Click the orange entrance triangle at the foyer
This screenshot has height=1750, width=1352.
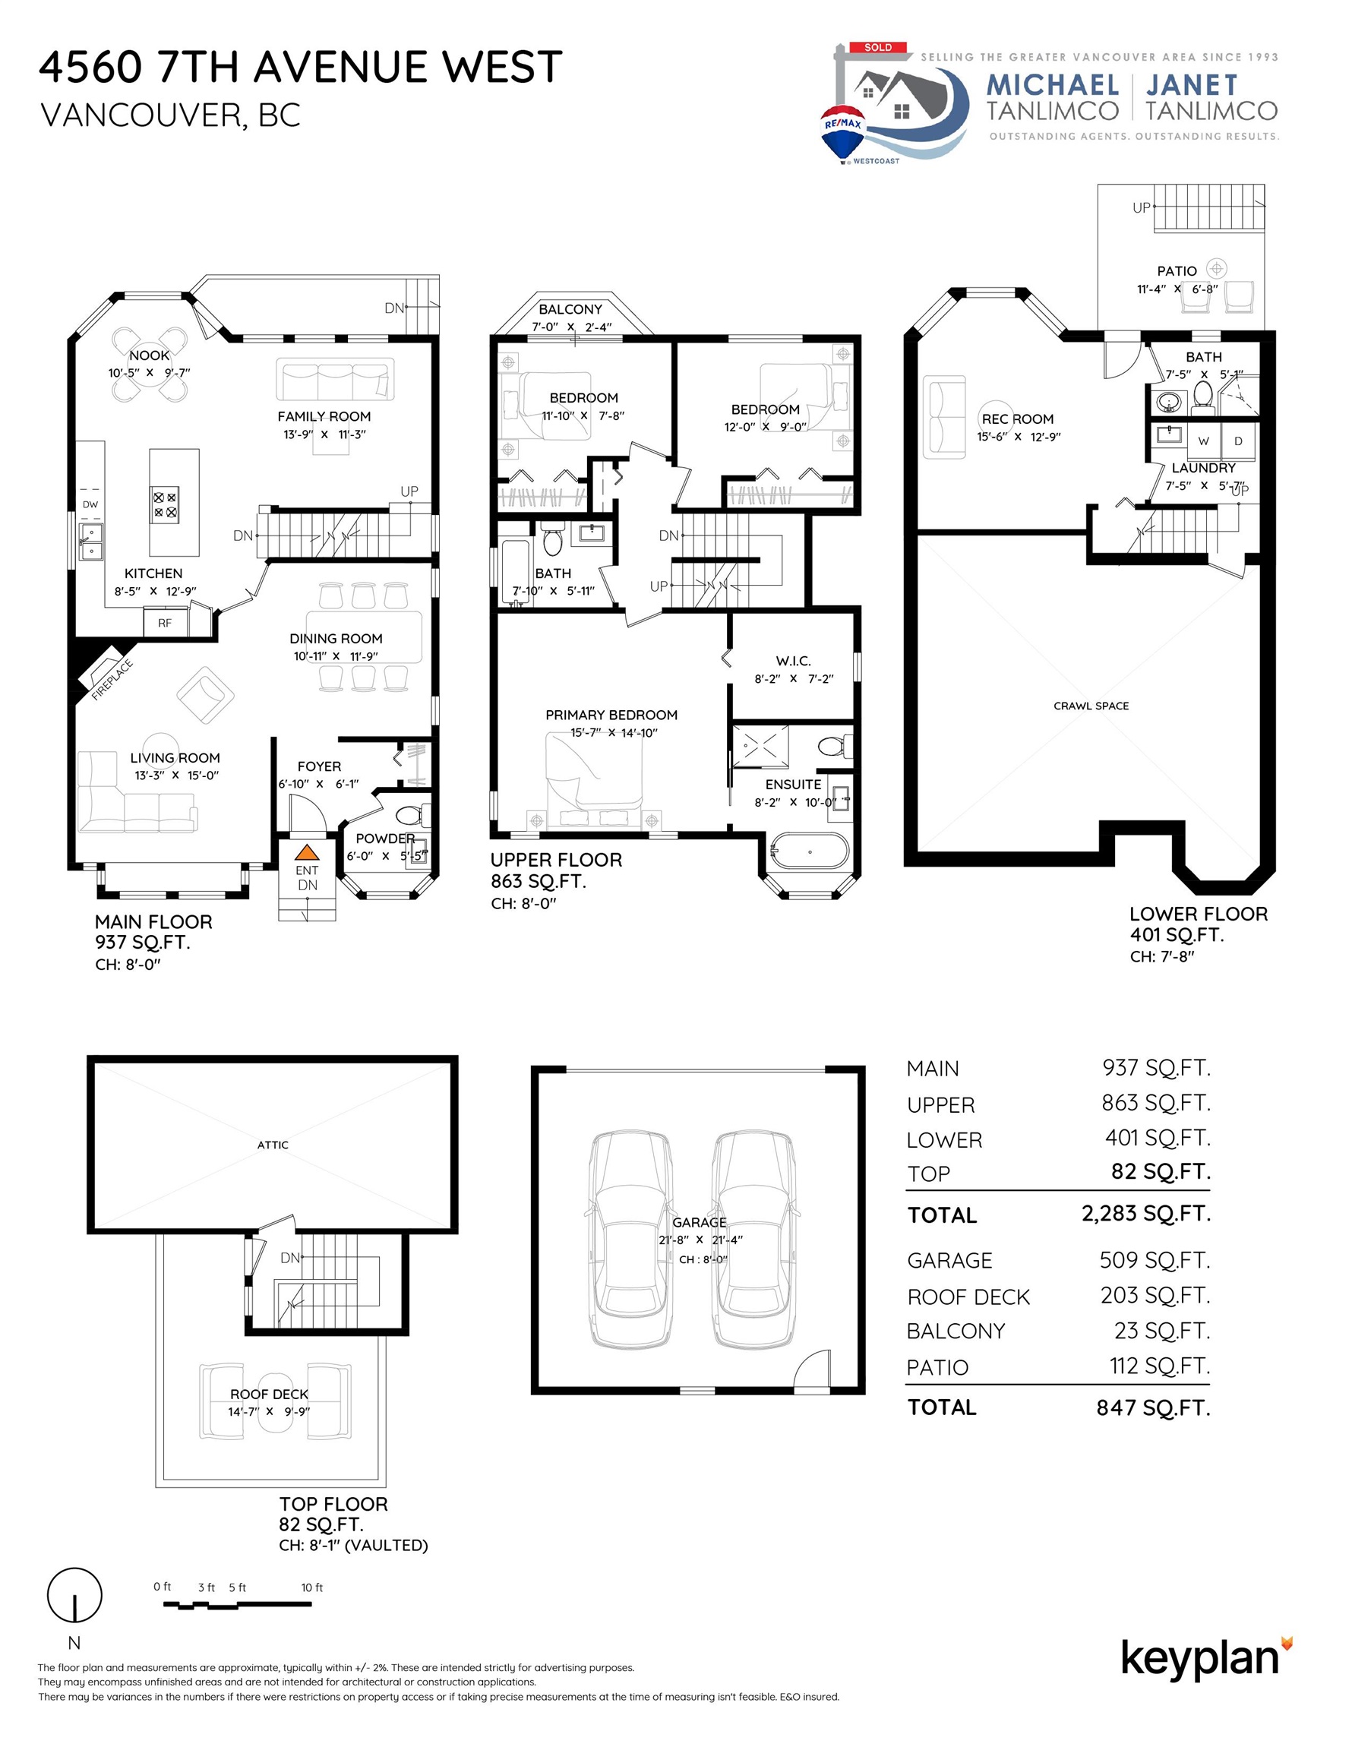pyautogui.click(x=306, y=852)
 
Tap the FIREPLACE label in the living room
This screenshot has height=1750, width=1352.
pyautogui.click(x=112, y=681)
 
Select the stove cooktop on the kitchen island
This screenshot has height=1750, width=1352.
pyautogui.click(x=165, y=505)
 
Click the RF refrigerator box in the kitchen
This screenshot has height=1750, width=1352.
pyautogui.click(x=165, y=623)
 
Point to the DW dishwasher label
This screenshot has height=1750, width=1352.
pyautogui.click(x=90, y=504)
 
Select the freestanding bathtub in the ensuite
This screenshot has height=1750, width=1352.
pyautogui.click(x=809, y=851)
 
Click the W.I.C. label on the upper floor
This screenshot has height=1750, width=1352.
pyautogui.click(x=794, y=661)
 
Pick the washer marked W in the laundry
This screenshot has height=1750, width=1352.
pyautogui.click(x=1203, y=441)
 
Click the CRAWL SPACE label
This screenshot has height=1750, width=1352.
pyautogui.click(x=1091, y=706)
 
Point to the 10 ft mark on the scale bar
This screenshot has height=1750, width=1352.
pyautogui.click(x=311, y=1587)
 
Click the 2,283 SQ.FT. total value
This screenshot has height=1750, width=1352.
pyautogui.click(x=1146, y=1213)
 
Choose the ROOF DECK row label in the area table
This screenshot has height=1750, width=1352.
pyautogui.click(x=968, y=1297)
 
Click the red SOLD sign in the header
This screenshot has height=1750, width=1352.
pyautogui.click(x=877, y=47)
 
